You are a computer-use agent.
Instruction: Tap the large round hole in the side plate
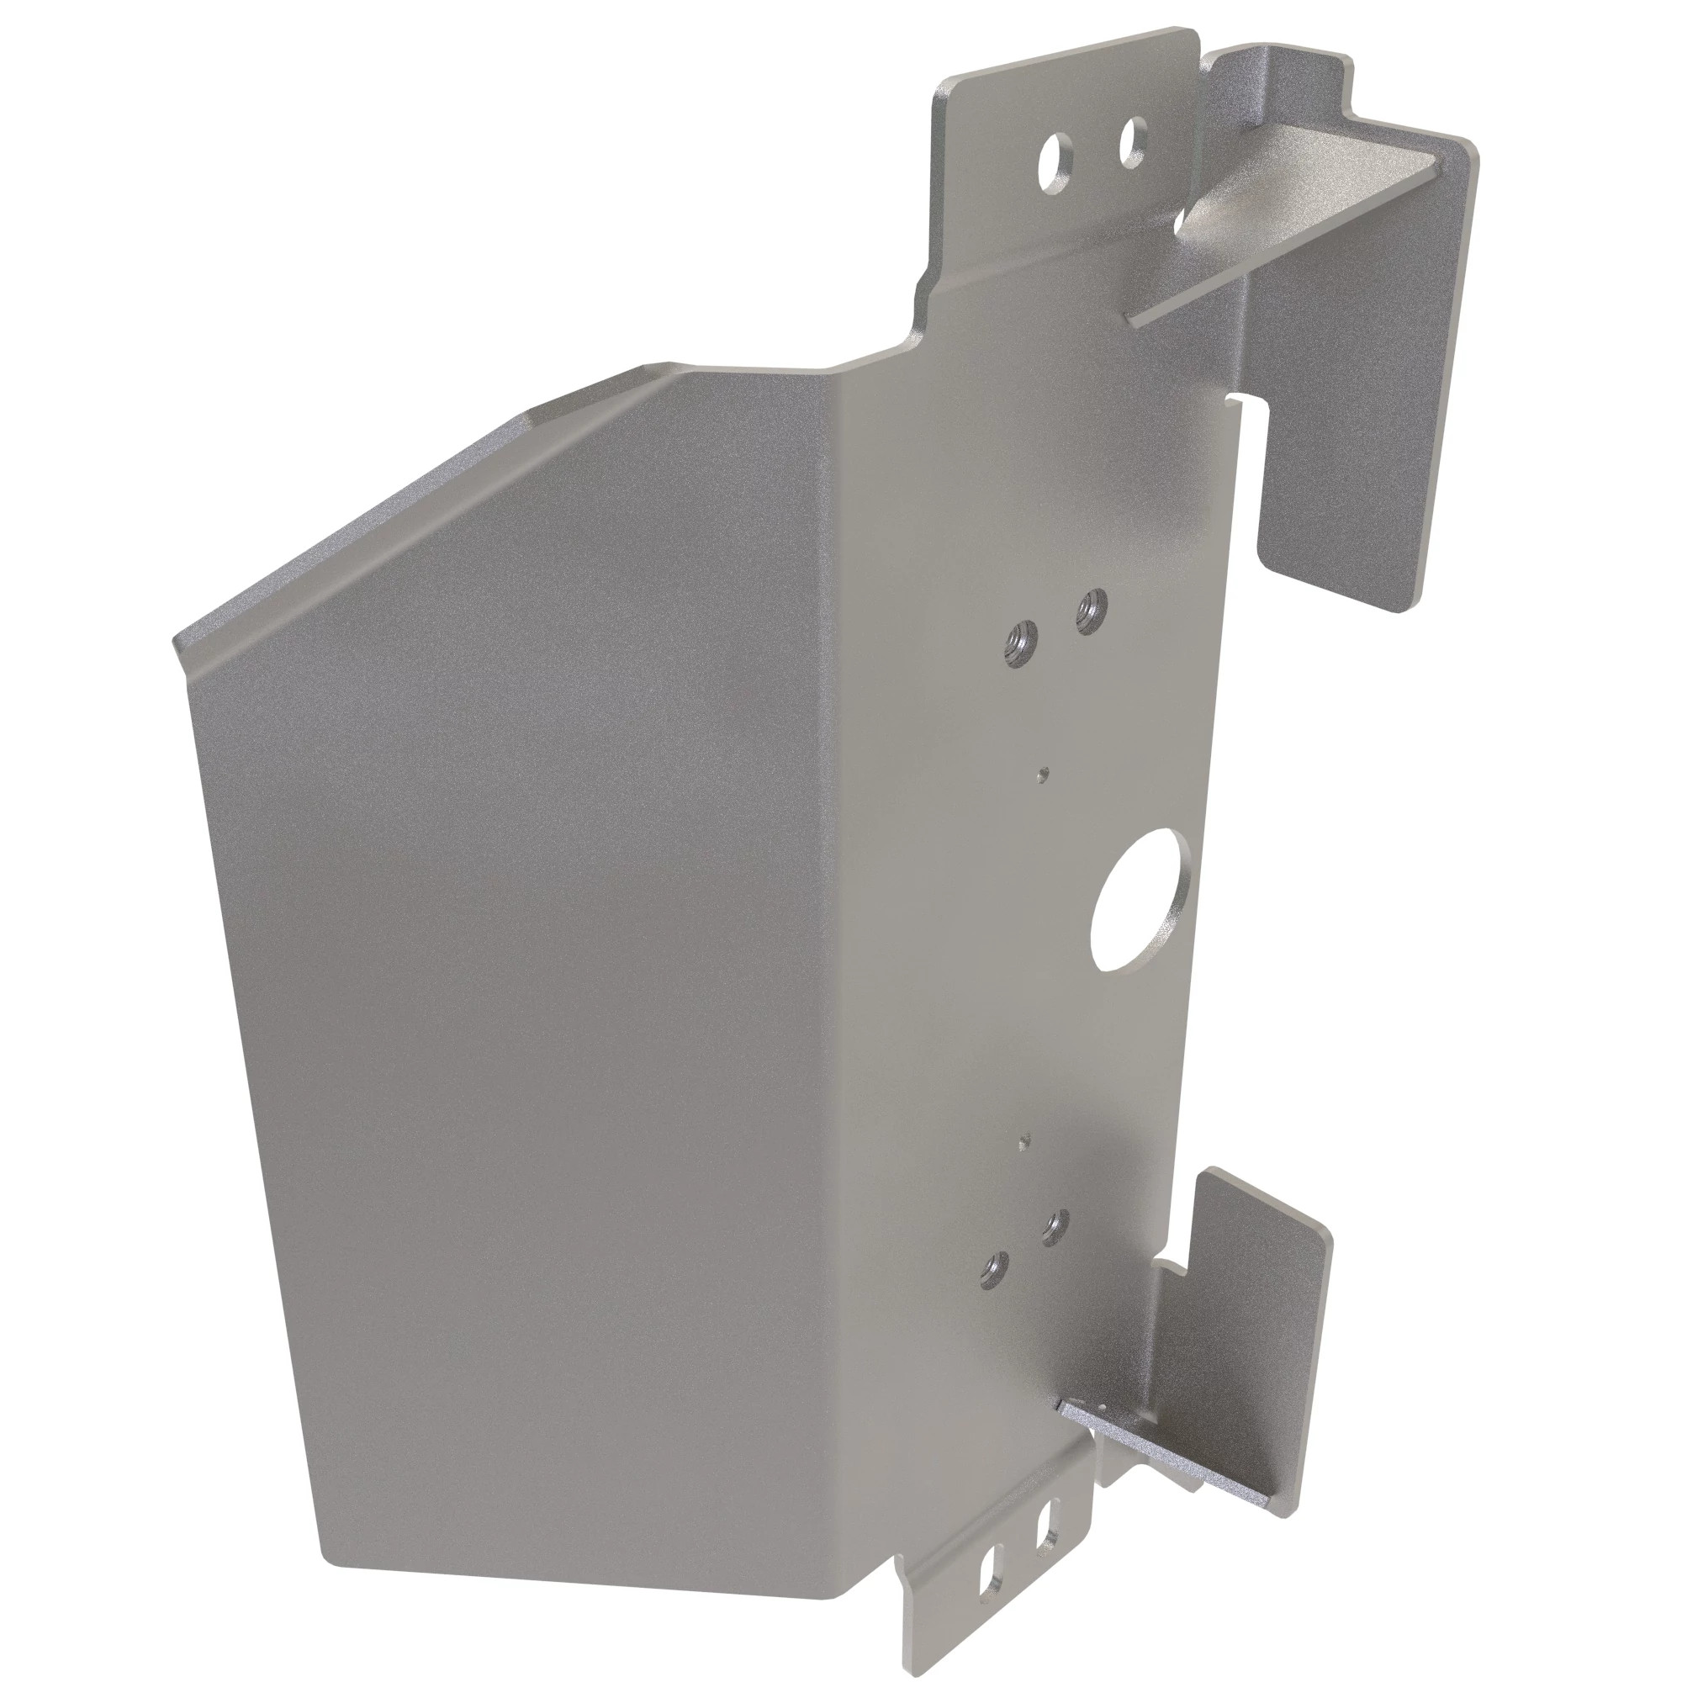click(x=1137, y=898)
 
